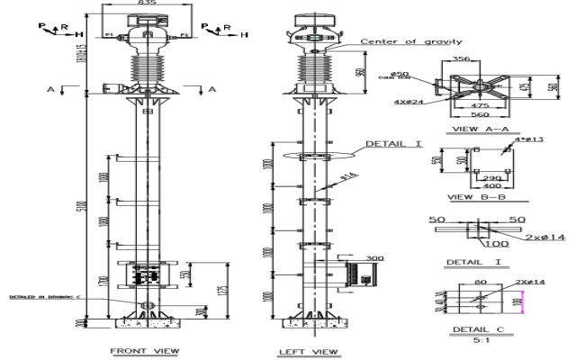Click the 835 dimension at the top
(144, 5)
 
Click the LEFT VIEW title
(310, 350)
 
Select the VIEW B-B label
(472, 195)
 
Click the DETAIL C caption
(474, 330)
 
